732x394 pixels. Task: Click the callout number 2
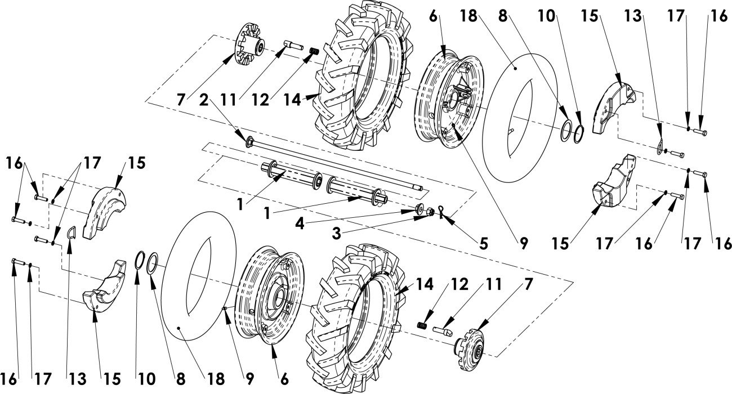point(204,100)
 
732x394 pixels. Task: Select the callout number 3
point(337,234)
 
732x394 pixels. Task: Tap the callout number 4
point(300,224)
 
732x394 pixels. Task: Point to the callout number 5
point(483,244)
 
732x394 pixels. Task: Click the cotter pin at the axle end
point(440,212)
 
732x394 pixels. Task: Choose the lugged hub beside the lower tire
point(470,348)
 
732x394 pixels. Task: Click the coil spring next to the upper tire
point(314,51)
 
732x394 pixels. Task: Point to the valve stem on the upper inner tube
point(512,131)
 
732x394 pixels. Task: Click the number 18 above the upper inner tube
point(470,16)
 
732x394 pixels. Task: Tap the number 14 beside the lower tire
point(425,284)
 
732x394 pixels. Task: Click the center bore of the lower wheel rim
point(279,297)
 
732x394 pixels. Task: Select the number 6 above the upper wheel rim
point(434,16)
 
